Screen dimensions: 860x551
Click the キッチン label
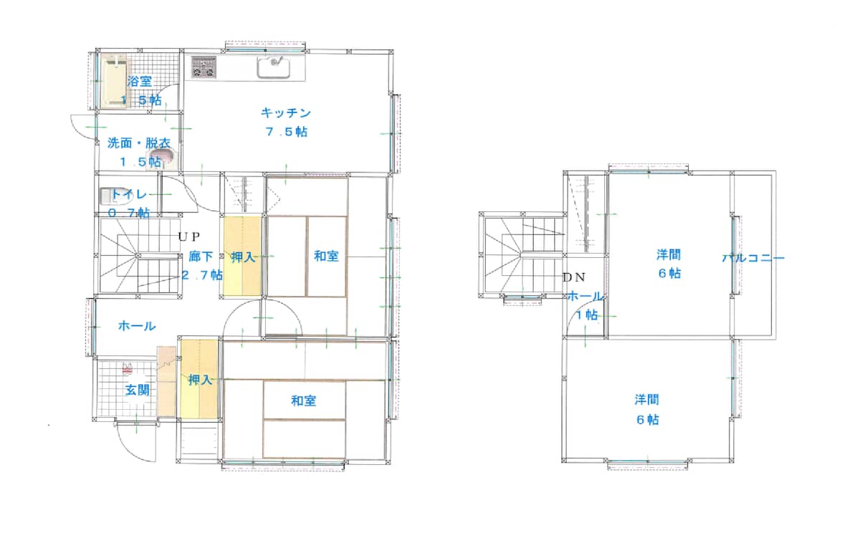[x=286, y=113]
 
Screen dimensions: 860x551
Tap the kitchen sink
[x=273, y=68]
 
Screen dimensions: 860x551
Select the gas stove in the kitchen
[x=204, y=67]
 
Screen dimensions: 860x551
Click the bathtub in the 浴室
[x=114, y=81]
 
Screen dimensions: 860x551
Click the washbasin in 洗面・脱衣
[x=163, y=158]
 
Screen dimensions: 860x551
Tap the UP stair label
[x=189, y=236]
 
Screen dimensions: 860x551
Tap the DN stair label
[x=574, y=277]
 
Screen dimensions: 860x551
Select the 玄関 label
[x=138, y=390]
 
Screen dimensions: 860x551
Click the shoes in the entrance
[x=128, y=368]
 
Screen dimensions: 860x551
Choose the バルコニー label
[x=753, y=258]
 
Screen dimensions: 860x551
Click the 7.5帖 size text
[x=287, y=132]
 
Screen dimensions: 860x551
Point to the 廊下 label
[x=201, y=257]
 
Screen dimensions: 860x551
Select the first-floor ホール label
[x=137, y=326]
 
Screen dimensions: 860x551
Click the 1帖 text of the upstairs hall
[x=587, y=315]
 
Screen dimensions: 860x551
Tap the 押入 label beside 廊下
[x=243, y=257]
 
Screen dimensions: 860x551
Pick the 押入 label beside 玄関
[x=200, y=380]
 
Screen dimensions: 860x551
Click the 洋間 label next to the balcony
[x=669, y=254]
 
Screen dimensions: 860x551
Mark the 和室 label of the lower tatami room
[x=303, y=401]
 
